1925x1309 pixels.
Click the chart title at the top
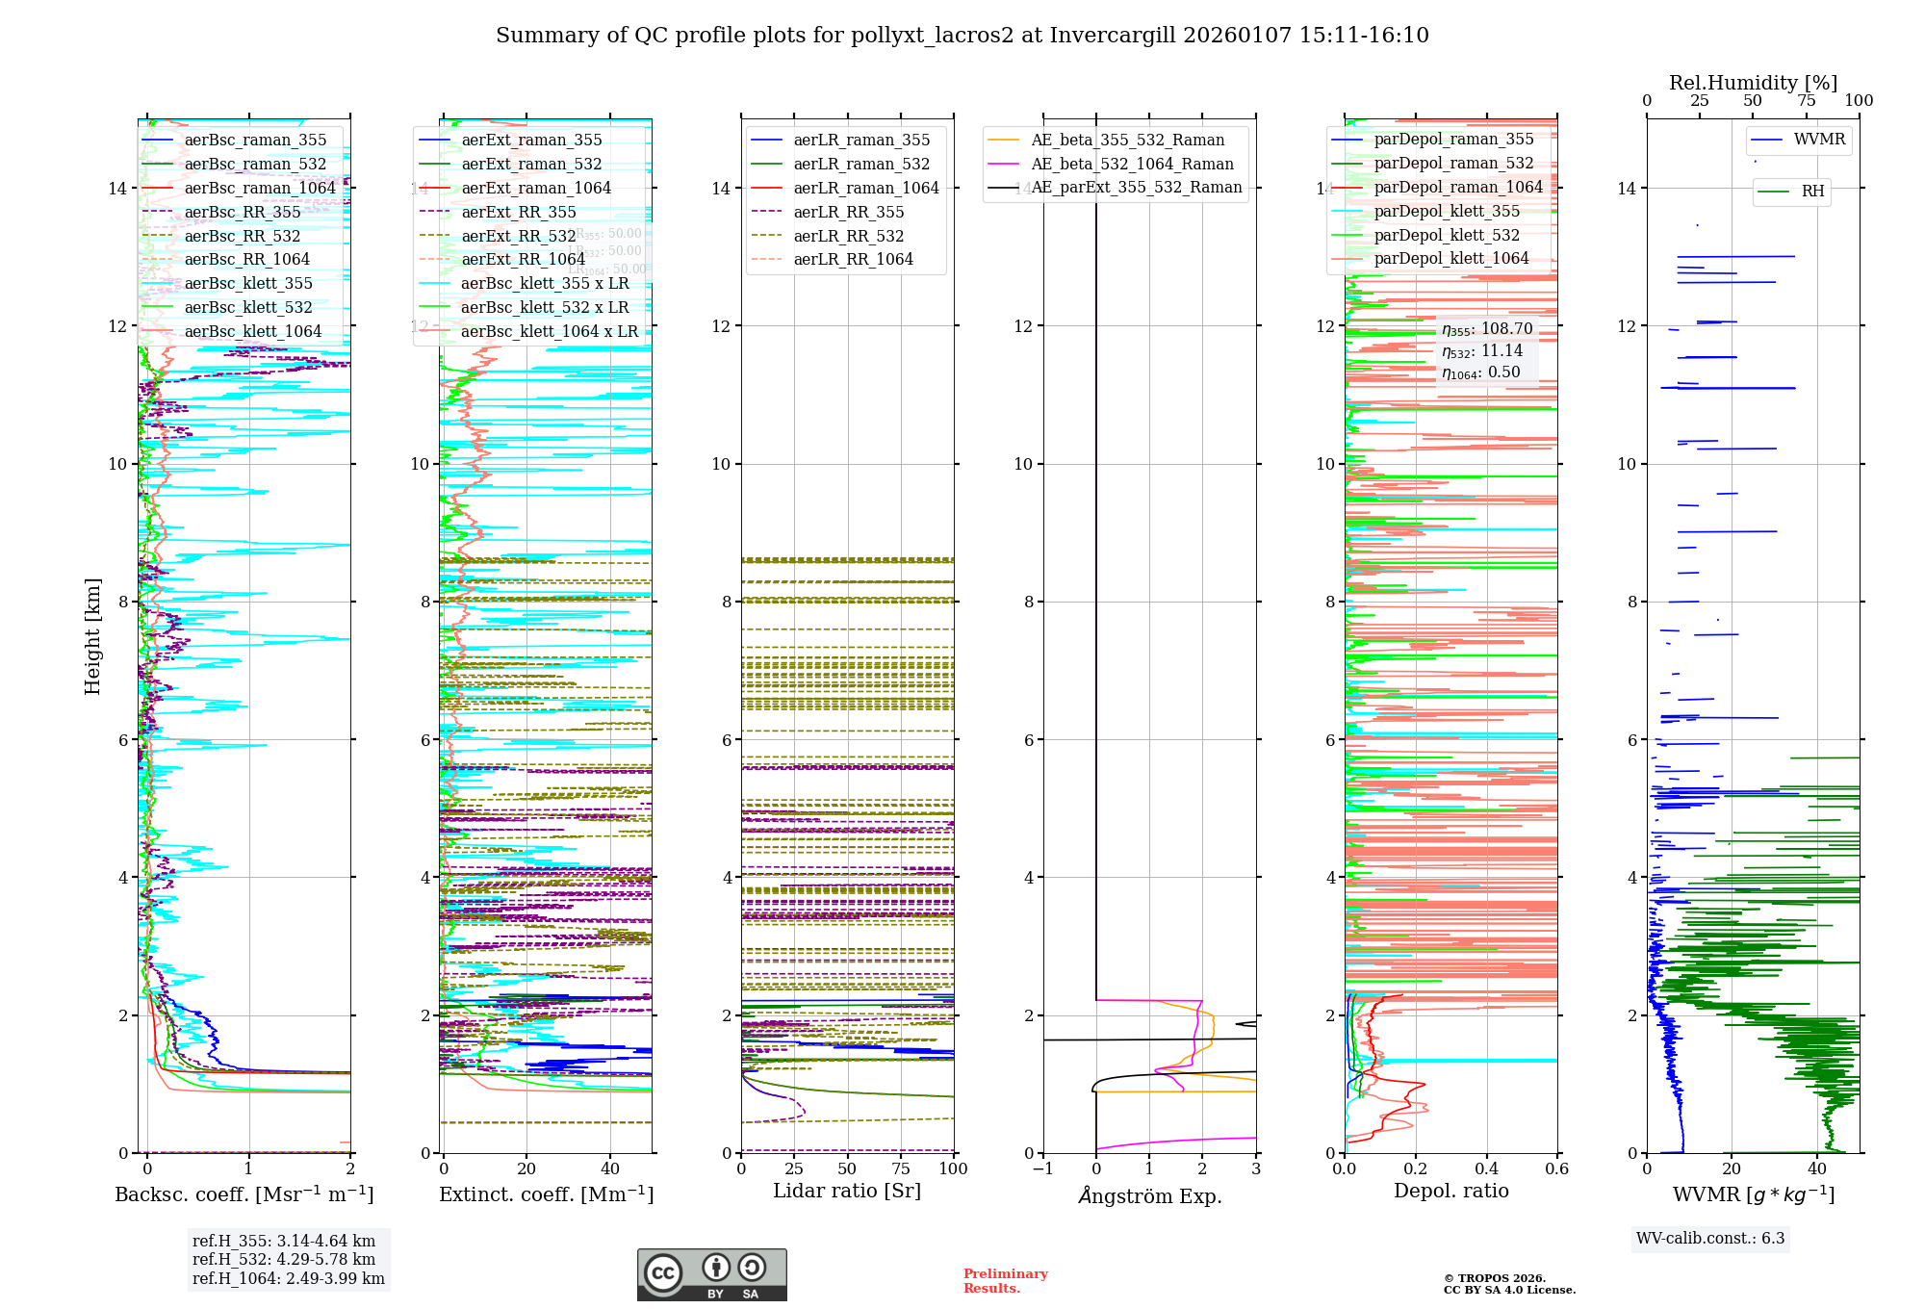[962, 36]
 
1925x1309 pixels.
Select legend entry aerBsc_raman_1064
[260, 188]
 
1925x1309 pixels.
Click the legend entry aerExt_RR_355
[519, 212]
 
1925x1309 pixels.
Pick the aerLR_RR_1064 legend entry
[853, 259]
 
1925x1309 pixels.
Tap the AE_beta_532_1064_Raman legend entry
[1132, 164]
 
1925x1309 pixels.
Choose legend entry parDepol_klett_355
[1447, 211]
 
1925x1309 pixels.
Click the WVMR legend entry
[1819, 140]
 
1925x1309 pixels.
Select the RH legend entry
[1812, 192]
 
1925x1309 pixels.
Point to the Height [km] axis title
[92, 635]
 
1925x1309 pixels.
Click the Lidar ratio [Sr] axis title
[847, 1191]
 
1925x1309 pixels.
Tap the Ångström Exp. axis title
[1149, 1195]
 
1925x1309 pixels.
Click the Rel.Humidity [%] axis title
[1753, 83]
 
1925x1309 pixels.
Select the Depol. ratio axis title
[1450, 1191]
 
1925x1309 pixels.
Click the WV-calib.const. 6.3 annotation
[1710, 1239]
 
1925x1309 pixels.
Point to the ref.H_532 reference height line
[284, 1259]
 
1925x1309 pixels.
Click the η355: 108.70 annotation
[1487, 329]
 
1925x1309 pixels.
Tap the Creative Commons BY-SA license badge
[711, 1274]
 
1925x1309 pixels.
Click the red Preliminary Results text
[1005, 1280]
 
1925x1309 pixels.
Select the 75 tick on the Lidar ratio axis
[901, 1168]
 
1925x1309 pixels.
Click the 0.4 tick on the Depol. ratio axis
[1486, 1168]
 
